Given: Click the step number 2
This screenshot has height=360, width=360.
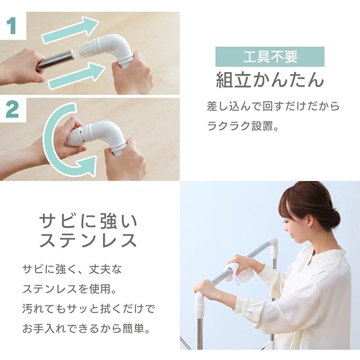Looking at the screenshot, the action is (12, 110).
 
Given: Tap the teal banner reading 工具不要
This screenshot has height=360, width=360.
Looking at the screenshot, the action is (270, 57).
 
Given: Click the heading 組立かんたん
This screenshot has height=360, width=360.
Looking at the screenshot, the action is (270, 80).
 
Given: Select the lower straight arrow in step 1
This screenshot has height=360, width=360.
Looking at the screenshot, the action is (77, 76).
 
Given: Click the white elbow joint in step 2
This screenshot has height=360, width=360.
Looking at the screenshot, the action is (101, 136).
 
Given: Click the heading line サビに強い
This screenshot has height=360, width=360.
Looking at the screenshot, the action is (88, 221).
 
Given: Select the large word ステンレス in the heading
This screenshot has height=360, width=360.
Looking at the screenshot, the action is (88, 240).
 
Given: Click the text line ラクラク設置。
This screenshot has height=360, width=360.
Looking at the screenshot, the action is (242, 126).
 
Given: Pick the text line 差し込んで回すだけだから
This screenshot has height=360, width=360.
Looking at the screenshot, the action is (273, 106).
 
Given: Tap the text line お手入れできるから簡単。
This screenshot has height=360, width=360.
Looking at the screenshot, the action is (87, 328).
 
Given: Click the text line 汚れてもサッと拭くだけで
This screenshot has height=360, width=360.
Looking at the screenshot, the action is (89, 309).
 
